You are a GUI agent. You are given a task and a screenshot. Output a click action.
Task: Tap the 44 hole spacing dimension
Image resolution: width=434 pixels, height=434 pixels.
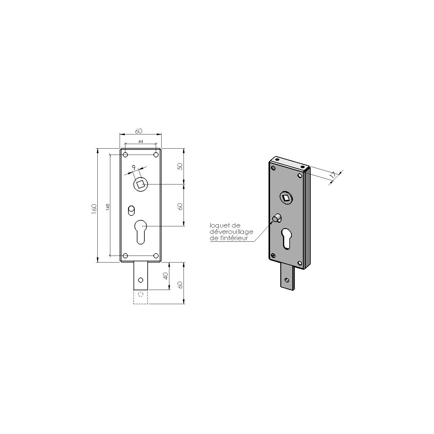tap(141, 141)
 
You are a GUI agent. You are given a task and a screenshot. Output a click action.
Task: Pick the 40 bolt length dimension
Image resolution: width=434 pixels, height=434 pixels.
tap(165, 276)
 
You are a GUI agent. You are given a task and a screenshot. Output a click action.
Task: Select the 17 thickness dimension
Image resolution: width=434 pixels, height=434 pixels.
tap(333, 175)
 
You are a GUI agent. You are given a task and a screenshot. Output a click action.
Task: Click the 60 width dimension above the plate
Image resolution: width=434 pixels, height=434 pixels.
tap(138, 131)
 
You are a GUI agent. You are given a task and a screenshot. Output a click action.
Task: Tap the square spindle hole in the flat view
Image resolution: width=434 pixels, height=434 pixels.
tap(140, 184)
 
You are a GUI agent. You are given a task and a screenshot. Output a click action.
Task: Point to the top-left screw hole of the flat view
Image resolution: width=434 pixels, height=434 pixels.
tap(126, 155)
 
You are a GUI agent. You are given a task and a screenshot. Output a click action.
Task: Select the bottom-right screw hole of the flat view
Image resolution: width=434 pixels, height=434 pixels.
tap(156, 256)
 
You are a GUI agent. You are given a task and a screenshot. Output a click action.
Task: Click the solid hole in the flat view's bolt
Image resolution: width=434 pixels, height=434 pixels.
tap(140, 280)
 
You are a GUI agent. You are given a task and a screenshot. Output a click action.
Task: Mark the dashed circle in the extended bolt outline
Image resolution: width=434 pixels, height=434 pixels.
tap(140, 294)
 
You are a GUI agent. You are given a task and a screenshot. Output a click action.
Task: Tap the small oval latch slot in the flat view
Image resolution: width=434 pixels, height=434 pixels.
tap(131, 210)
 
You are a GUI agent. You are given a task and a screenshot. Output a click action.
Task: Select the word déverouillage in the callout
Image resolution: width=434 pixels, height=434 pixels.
tap(231, 232)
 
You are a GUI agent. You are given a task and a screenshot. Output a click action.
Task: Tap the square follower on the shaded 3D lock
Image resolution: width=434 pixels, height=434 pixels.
tap(285, 198)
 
